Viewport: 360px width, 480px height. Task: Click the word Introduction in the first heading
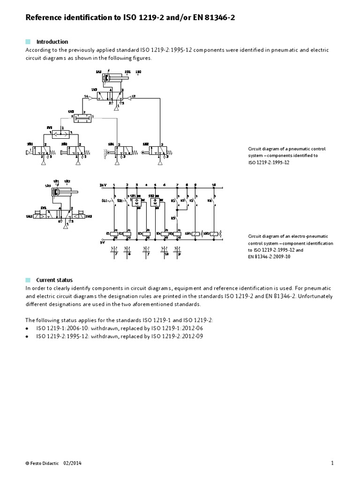pyautogui.click(x=52, y=42)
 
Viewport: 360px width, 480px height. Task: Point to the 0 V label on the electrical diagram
pyautogui.click(x=102, y=242)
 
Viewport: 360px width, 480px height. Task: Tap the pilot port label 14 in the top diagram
pyautogui.click(x=86, y=97)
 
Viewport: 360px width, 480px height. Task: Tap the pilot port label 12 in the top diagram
pyautogui.click(x=133, y=97)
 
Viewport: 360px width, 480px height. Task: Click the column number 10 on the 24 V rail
pyautogui.click(x=214, y=185)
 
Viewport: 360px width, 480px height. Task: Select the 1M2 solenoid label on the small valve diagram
pyautogui.click(x=88, y=216)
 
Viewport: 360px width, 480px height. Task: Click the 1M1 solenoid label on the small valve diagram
pyautogui.click(x=30, y=216)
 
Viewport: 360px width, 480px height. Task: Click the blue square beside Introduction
pyautogui.click(x=28, y=42)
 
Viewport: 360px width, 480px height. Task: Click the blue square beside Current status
pyautogui.click(x=28, y=280)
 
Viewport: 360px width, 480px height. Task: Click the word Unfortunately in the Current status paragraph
pyautogui.click(x=315, y=296)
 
